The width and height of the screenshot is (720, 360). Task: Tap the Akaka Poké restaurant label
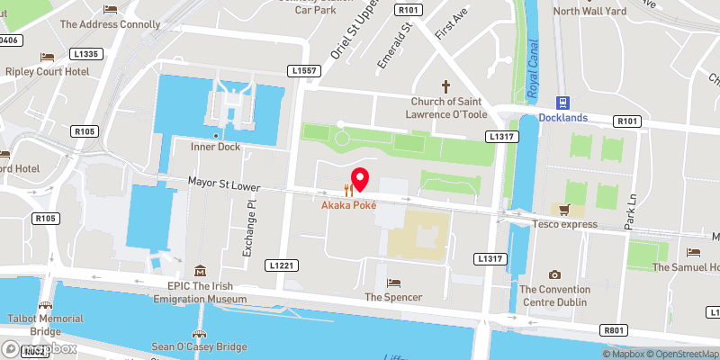(348, 205)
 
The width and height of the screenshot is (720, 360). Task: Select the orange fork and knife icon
(348, 190)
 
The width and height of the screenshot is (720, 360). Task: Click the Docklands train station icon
(563, 103)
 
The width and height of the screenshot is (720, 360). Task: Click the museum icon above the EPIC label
(199, 271)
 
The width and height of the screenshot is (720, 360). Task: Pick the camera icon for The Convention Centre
(555, 274)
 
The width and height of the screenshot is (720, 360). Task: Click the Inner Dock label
(213, 146)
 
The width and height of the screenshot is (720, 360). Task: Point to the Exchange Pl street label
(252, 227)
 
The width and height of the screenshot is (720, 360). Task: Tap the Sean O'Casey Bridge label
(199, 346)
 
